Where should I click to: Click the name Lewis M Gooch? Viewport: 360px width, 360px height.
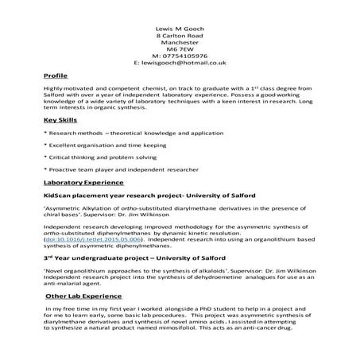[x=180, y=27]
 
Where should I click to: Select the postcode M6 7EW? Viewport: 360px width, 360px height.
[x=180, y=47]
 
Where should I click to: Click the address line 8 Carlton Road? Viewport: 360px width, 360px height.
[x=180, y=37]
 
